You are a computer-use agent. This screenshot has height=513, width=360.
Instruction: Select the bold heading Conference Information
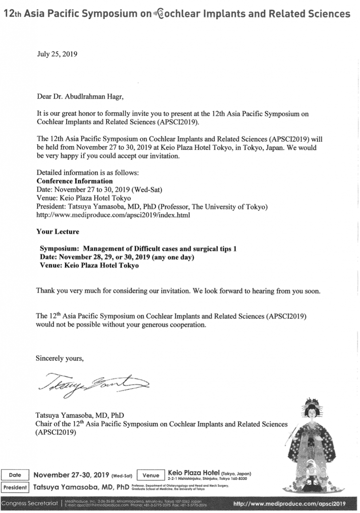75,181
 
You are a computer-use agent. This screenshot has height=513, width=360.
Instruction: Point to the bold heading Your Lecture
58,232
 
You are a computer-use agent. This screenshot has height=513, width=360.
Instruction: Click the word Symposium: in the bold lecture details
60,248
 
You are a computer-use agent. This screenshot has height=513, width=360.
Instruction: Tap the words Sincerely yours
60,358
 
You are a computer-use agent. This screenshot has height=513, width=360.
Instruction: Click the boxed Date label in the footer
15,475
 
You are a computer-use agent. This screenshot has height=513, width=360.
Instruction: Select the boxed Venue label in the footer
150,475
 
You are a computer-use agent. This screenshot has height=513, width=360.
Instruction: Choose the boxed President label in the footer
15,487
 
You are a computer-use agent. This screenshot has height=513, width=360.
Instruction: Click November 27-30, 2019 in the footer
72,475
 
